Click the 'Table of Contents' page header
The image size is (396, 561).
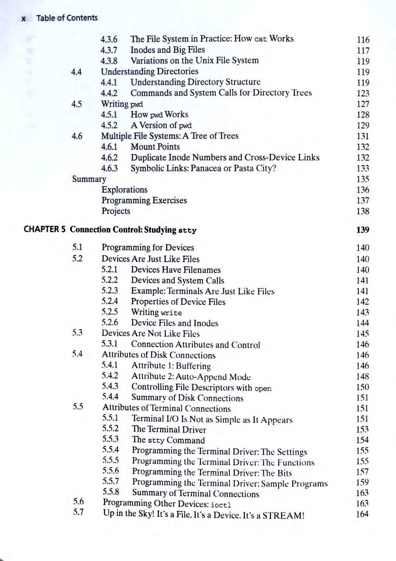[67, 18]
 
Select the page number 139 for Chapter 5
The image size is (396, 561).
[363, 230]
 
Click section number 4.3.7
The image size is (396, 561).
[109, 50]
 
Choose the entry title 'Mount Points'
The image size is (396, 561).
[155, 147]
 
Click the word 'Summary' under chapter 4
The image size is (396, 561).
[89, 179]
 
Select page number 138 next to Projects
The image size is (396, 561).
[363, 211]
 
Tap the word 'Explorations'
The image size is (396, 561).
[125, 190]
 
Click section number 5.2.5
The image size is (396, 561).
[110, 312]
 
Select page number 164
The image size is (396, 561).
[362, 514]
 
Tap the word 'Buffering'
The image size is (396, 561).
[193, 366]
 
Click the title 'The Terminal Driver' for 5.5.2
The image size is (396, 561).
[169, 430]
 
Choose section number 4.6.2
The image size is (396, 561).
[109, 158]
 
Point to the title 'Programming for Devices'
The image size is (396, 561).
[148, 248]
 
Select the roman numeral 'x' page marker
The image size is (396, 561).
[24, 19]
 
